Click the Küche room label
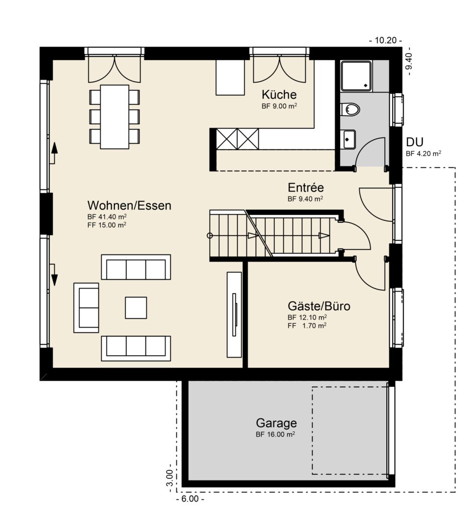coord(279,95)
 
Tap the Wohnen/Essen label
coord(129,205)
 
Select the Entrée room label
coord(305,187)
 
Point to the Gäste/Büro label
coord(319,306)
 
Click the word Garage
coord(276,423)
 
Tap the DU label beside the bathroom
coord(415,142)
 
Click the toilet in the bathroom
coord(350,109)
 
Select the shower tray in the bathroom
coord(356,76)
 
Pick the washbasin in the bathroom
coord(349,139)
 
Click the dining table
coord(115,117)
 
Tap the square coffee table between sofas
coord(136,308)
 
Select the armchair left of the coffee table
coord(86,308)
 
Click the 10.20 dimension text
coord(386,40)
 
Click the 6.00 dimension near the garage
coord(190,499)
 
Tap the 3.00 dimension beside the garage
coord(169,477)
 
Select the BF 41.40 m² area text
coord(107,216)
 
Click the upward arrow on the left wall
coord(54,153)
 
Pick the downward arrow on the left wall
coord(54,275)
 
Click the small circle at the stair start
coord(210,235)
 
